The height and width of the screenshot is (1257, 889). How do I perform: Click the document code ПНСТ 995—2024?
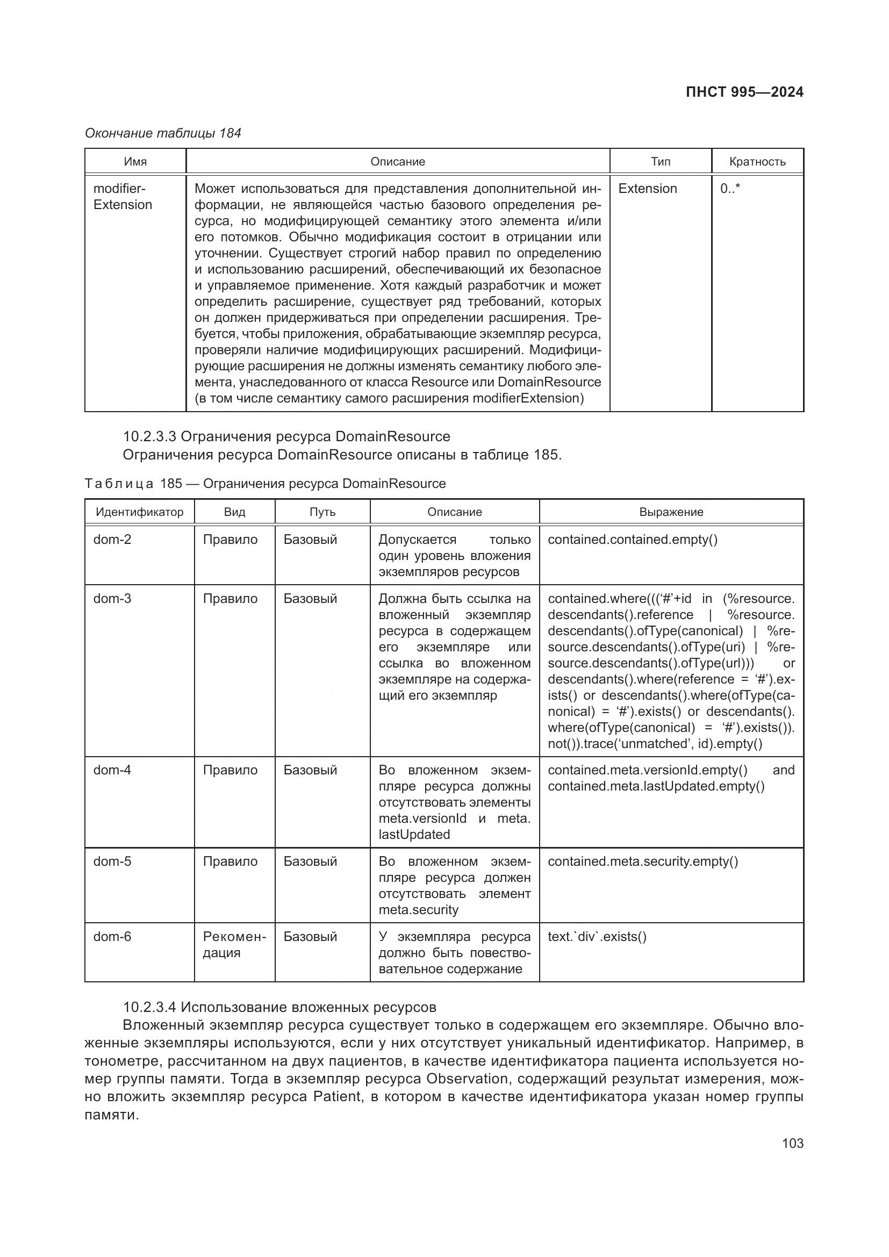(744, 92)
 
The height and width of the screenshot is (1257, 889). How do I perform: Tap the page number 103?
(792, 1143)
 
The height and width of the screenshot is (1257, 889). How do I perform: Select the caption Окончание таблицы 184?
(162, 133)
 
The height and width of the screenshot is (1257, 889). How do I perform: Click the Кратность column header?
(757, 162)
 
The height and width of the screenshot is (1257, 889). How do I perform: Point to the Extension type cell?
(647, 188)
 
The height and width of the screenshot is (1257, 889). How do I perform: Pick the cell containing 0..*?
(730, 188)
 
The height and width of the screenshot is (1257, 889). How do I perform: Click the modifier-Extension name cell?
(122, 197)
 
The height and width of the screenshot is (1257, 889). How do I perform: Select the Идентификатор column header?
(139, 512)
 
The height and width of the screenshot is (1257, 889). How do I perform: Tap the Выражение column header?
(671, 512)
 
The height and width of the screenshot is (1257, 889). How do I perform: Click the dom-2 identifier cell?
(112, 539)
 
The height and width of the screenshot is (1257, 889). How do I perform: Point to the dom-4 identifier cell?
(112, 770)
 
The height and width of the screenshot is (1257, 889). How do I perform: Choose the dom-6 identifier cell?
(112, 936)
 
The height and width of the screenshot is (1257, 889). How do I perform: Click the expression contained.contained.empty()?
(632, 539)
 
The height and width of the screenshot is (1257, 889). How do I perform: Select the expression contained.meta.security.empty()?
(643, 861)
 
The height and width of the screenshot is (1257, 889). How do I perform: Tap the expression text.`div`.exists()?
(597, 936)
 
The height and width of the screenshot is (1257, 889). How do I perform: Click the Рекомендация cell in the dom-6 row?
(234, 944)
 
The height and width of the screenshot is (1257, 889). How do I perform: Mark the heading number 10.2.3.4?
(149, 1007)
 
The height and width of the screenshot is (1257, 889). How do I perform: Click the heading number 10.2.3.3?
(149, 436)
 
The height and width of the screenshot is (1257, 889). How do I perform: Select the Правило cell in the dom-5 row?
(230, 861)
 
